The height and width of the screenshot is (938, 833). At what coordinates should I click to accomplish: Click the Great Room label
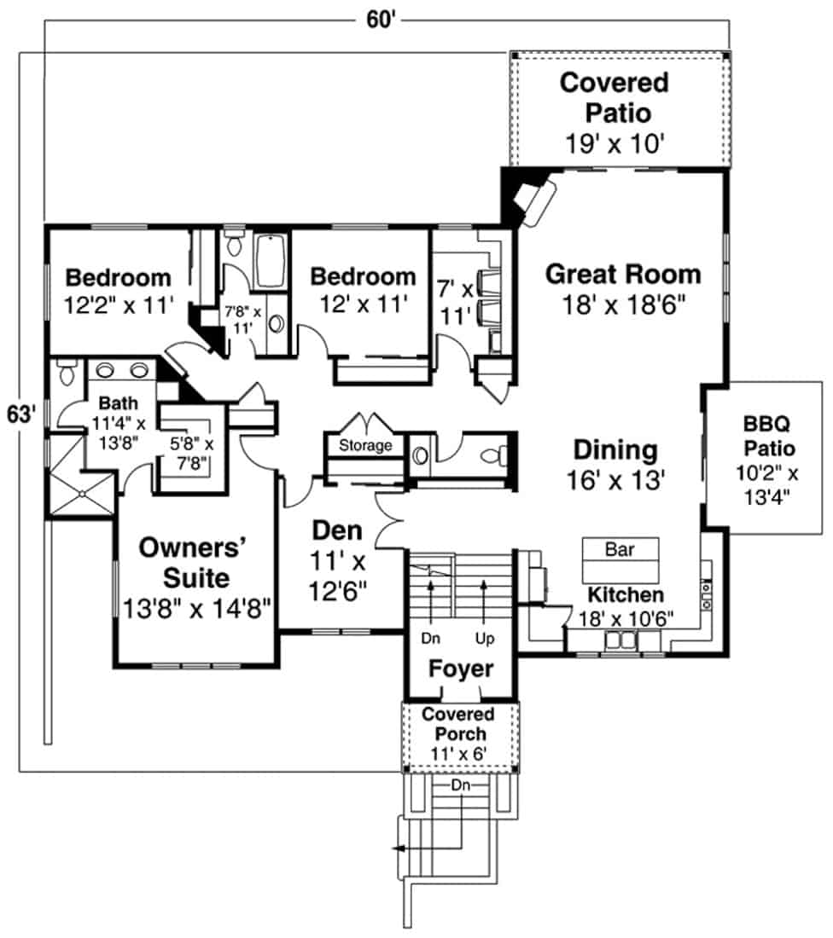pos(623,275)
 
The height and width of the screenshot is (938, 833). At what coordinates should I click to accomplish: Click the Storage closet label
pos(365,445)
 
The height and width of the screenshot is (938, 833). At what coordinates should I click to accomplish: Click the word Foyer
pos(461,669)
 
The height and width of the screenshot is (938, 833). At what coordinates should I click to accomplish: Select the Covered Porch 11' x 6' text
pos(459,733)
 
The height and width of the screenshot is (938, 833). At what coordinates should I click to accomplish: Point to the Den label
pos(337,530)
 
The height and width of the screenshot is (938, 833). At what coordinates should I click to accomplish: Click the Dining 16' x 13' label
pos(615,464)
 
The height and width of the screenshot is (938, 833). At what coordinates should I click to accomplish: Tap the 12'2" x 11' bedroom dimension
pos(119,304)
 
